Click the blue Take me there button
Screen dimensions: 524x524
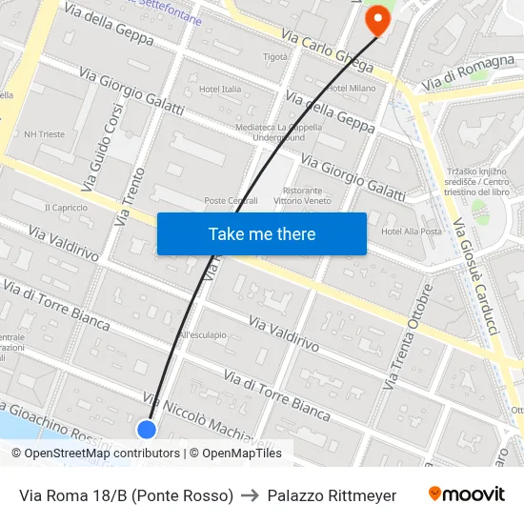point(261,233)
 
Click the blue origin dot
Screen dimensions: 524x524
point(147,430)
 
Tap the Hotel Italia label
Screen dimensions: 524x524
point(219,89)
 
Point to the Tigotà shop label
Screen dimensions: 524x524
point(275,56)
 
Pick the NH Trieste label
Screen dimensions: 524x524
point(45,134)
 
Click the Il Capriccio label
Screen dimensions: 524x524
point(66,207)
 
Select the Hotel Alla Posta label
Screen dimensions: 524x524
point(412,232)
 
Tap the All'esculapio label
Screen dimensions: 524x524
point(201,334)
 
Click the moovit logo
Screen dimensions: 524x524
point(466,494)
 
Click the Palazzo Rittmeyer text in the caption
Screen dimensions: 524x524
point(332,495)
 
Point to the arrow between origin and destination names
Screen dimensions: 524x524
point(251,495)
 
